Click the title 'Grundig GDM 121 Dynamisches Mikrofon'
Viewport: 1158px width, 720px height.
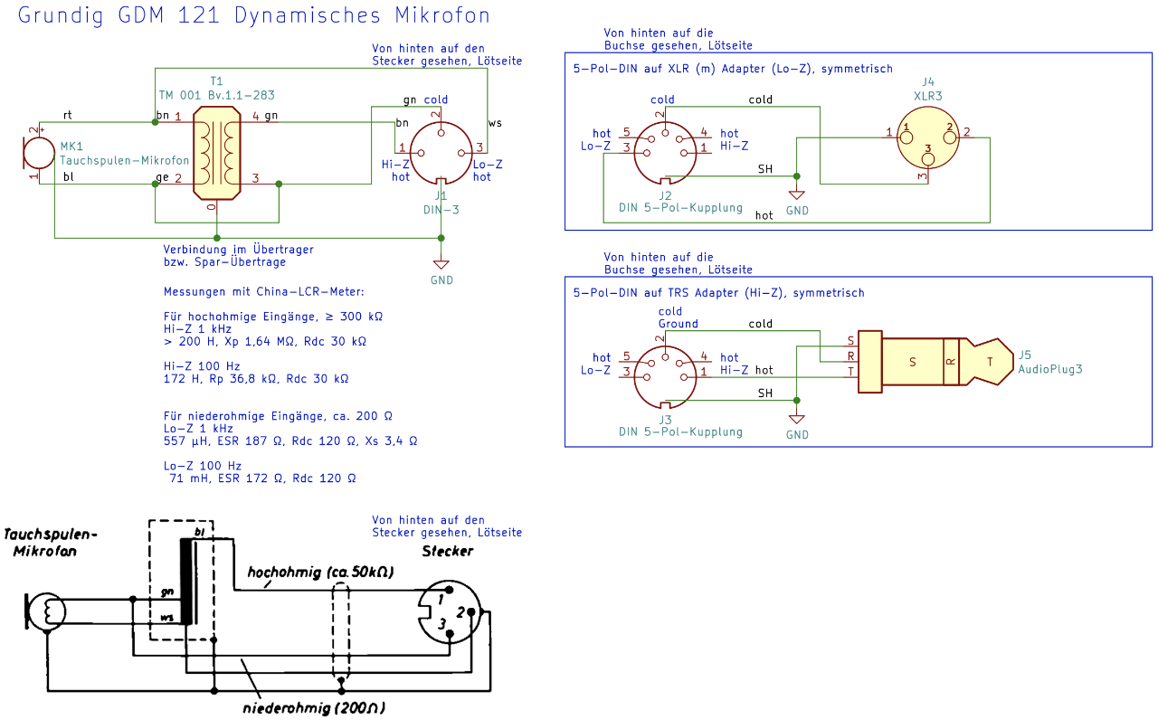click(x=254, y=15)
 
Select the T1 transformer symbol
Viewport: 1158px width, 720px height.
click(x=217, y=151)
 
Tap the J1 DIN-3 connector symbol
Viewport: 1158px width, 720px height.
click(x=441, y=150)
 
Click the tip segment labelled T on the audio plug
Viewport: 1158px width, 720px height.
click(x=989, y=361)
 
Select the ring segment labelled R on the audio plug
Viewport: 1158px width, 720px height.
click(x=950, y=361)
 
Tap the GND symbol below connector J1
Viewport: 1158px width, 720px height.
click(x=441, y=265)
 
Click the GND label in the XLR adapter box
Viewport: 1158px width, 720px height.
click(x=797, y=211)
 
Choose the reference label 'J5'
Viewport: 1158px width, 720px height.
click(x=1025, y=355)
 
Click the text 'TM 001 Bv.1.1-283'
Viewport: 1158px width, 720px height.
click(x=217, y=94)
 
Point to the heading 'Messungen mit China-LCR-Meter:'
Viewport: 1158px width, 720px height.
click(x=263, y=291)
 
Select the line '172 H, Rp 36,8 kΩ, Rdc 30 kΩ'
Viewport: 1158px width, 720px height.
click(x=256, y=379)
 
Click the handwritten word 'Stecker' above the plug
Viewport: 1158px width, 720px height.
click(x=447, y=551)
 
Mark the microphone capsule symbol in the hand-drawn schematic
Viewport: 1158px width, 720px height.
click(x=45, y=611)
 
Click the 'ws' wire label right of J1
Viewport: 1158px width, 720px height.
click(x=495, y=122)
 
